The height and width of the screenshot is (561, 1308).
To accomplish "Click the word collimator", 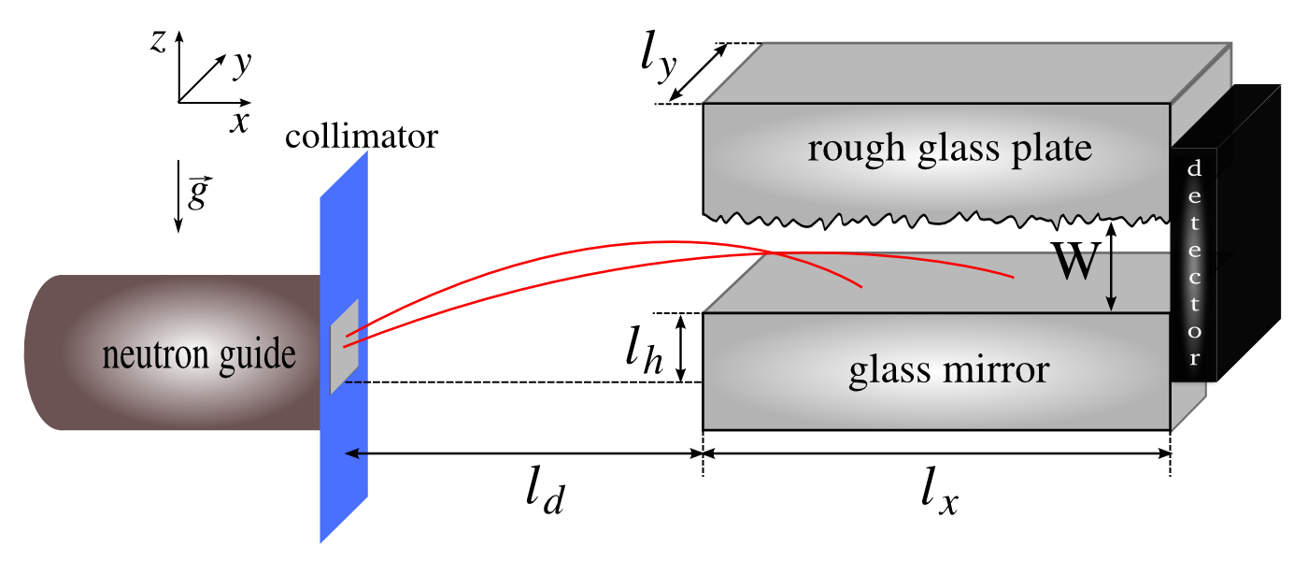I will [x=362, y=137].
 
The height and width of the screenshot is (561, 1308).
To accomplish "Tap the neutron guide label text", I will [x=199, y=354].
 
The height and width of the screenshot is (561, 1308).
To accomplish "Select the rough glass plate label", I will [x=949, y=149].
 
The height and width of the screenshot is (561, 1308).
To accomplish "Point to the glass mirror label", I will [x=948, y=370].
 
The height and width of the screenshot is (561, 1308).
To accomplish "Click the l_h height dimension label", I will [x=644, y=351].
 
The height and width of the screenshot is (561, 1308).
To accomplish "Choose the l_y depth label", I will [x=660, y=61].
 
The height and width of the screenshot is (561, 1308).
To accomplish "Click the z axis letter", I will [x=159, y=40].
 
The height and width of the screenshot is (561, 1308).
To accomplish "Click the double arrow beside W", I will [x=1111, y=266].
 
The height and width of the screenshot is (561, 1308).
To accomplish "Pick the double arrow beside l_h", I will [x=682, y=348].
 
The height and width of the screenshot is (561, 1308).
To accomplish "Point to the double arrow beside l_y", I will [x=699, y=73].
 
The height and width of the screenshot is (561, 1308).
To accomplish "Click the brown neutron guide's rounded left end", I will [x=42, y=352].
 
